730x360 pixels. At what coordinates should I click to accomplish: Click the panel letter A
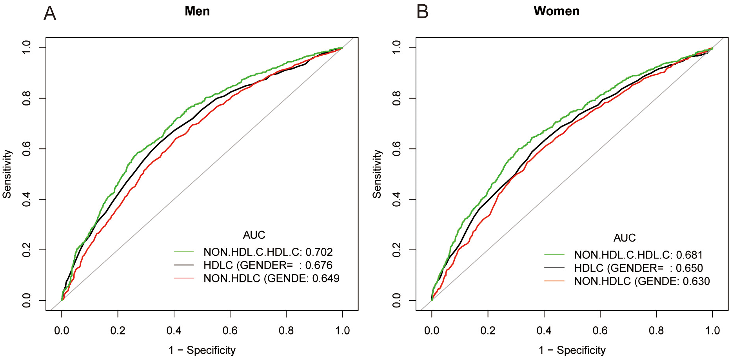tap(50, 14)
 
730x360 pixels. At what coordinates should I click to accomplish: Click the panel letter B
tap(422, 12)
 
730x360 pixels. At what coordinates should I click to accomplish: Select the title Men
tap(197, 11)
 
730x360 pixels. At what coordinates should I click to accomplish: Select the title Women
tap(556, 11)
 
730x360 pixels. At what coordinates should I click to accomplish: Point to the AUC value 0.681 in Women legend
tap(689, 255)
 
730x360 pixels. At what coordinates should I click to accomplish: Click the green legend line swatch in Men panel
tap(184, 252)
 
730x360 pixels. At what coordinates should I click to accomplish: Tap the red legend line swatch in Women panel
tap(554, 281)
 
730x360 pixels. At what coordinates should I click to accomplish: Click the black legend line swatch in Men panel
tap(184, 265)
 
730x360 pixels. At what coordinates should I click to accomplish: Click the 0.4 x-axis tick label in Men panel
tap(174, 331)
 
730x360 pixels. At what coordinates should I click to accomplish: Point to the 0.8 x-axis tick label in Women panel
tap(656, 331)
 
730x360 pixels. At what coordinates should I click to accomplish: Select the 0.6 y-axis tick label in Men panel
tap(26, 149)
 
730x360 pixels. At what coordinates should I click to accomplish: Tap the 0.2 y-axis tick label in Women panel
tap(396, 250)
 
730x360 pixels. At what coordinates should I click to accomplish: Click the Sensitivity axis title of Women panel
tap(377, 174)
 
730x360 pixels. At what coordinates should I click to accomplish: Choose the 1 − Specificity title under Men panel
tap(202, 350)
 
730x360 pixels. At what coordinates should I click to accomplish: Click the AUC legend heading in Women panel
tap(624, 238)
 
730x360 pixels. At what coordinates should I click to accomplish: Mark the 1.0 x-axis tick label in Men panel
tap(342, 331)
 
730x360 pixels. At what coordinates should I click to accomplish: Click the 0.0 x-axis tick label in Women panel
tap(432, 331)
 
